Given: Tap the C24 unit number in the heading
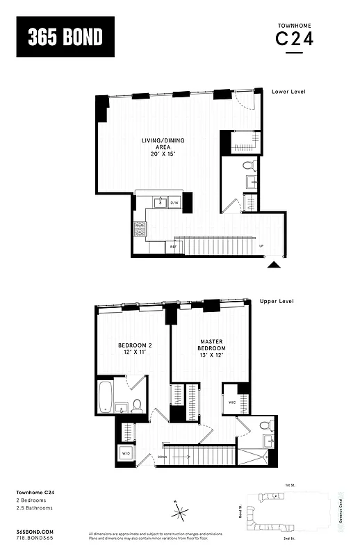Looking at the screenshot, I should click(x=295, y=40).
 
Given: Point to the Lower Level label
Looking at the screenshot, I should click(x=288, y=92).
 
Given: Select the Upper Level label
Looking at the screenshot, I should click(x=277, y=301).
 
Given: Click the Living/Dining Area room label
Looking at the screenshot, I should click(x=160, y=147).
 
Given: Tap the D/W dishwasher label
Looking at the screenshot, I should click(x=175, y=203).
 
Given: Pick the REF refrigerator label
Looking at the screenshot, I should click(x=172, y=246).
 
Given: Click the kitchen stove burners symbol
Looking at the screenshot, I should click(x=140, y=227).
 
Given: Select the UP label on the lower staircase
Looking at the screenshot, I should click(x=261, y=246).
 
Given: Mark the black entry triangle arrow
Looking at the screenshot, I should click(x=275, y=264).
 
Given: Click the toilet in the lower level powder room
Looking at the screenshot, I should click(x=248, y=166).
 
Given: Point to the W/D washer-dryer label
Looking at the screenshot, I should click(x=127, y=454).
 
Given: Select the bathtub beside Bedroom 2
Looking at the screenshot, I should click(x=106, y=396).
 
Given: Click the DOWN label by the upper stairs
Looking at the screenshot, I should click(x=161, y=457).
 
